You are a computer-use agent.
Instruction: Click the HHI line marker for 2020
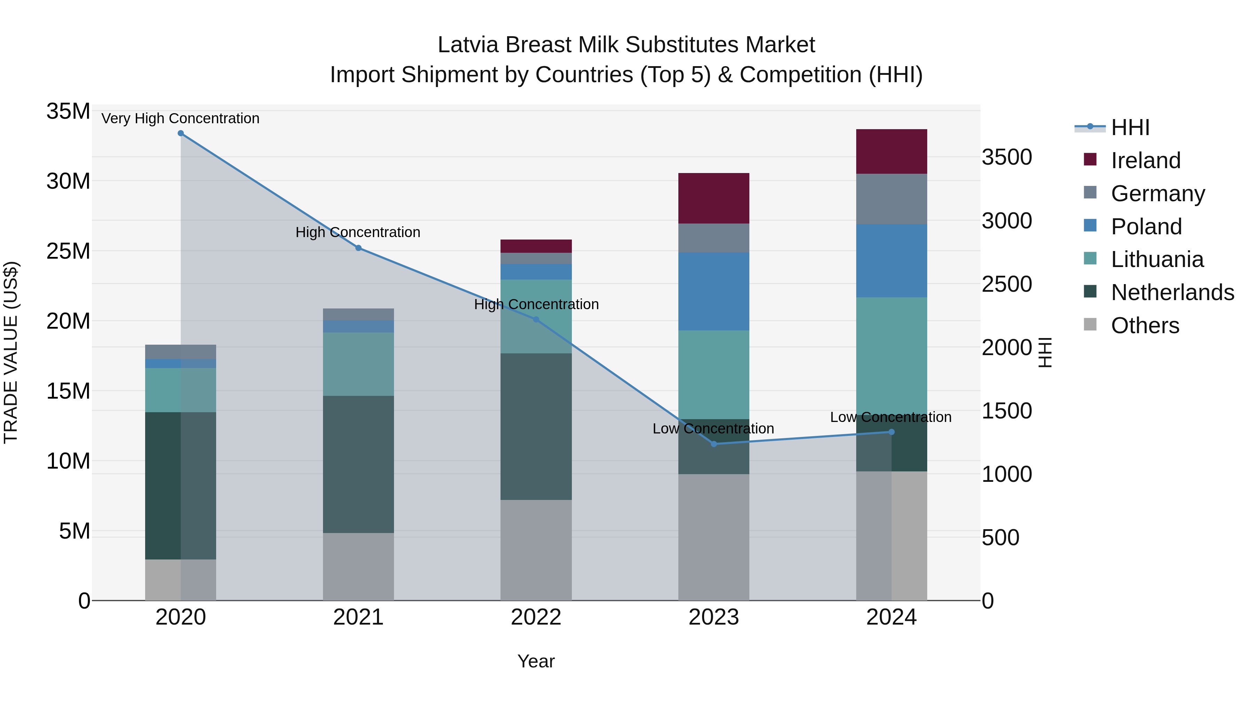point(180,133)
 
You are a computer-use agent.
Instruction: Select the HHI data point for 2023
point(714,444)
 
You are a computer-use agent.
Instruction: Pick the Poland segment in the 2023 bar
point(714,291)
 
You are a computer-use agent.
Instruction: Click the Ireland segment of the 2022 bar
point(536,246)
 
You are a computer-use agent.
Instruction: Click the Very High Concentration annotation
point(180,119)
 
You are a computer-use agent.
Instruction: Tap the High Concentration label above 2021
point(358,233)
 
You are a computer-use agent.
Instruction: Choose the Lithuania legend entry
point(1157,259)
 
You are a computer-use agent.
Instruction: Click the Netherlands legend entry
point(1172,292)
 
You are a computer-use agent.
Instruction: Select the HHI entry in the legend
point(1130,127)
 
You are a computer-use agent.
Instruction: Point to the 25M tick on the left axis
point(68,252)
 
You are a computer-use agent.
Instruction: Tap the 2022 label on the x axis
point(536,617)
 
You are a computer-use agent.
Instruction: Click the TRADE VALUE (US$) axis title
point(11,352)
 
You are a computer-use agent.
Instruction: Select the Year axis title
point(536,661)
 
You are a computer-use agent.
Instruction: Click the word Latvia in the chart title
point(468,45)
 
